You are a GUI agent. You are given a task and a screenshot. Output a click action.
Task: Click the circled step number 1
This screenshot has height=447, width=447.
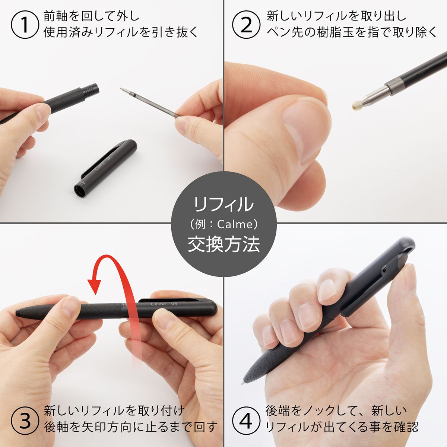coord(25,25)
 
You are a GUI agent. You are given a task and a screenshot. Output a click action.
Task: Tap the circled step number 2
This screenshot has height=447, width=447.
coord(246,25)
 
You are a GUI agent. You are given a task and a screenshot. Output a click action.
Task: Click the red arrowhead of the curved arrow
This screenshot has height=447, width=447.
coord(94,286)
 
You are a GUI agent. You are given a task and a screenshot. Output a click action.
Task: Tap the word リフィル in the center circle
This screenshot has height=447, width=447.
coord(224,205)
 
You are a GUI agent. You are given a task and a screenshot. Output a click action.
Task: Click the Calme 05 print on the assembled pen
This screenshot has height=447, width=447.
coord(164,304)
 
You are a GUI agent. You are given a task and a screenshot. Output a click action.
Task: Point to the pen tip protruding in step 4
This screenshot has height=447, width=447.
coord(243,382)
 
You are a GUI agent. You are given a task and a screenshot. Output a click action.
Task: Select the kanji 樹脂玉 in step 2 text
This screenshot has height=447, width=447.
coord(335,32)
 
